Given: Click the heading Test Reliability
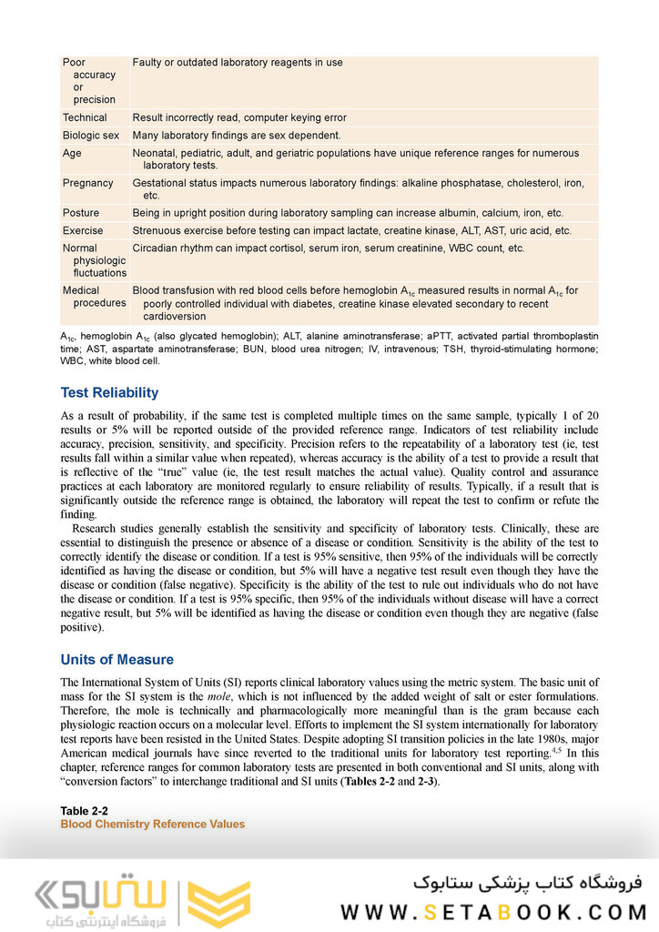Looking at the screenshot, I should (x=109, y=393).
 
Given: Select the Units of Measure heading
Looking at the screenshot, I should (x=117, y=659).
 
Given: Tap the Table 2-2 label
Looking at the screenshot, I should (x=85, y=811).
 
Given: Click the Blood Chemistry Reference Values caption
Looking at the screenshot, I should (x=152, y=825).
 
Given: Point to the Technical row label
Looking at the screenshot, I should (x=85, y=117).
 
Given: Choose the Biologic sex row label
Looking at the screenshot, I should (x=91, y=136).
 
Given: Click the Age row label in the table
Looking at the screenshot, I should (x=72, y=154).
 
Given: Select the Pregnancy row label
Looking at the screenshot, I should (x=88, y=183).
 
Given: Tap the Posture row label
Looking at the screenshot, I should (x=81, y=213).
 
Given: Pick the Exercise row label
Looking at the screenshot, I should (x=83, y=231).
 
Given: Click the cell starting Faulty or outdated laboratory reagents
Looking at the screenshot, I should (x=238, y=63).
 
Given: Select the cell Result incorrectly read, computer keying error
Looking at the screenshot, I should (x=239, y=117).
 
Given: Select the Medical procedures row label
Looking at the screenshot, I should (x=94, y=297).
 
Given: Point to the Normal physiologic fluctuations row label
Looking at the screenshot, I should (x=94, y=260).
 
